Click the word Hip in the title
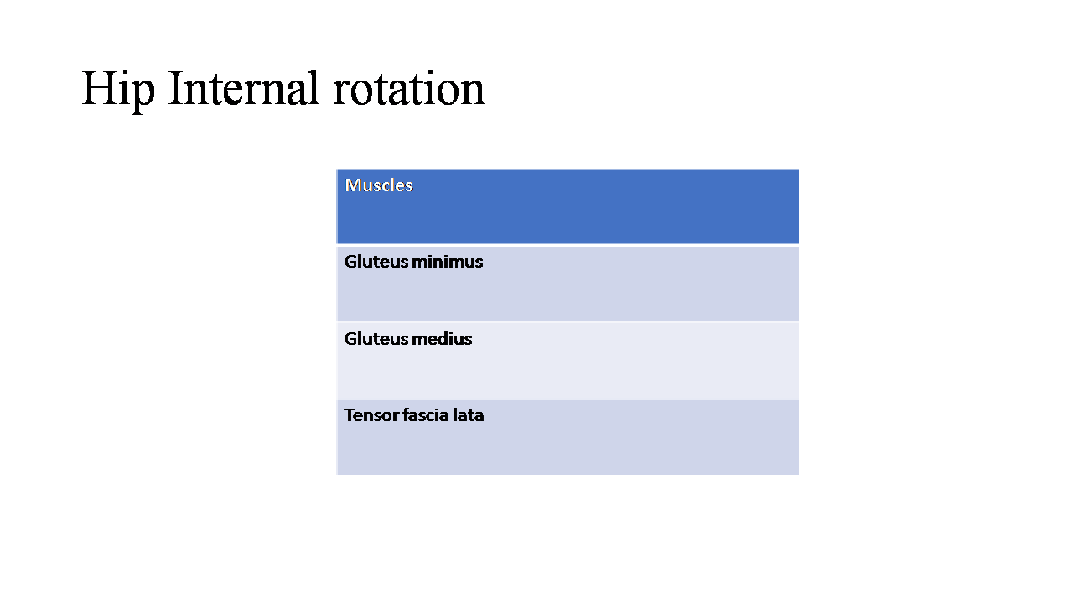tap(118, 90)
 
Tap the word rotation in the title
tap(409, 88)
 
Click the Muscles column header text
tap(379, 185)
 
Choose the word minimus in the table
tap(447, 262)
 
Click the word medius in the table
tap(441, 339)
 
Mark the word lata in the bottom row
tap(468, 415)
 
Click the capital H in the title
tap(99, 88)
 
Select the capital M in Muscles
tap(353, 185)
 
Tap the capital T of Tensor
tap(350, 415)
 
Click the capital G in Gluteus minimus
tap(350, 262)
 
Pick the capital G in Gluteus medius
tap(350, 339)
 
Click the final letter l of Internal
tap(314, 87)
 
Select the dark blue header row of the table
tap(568, 206)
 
